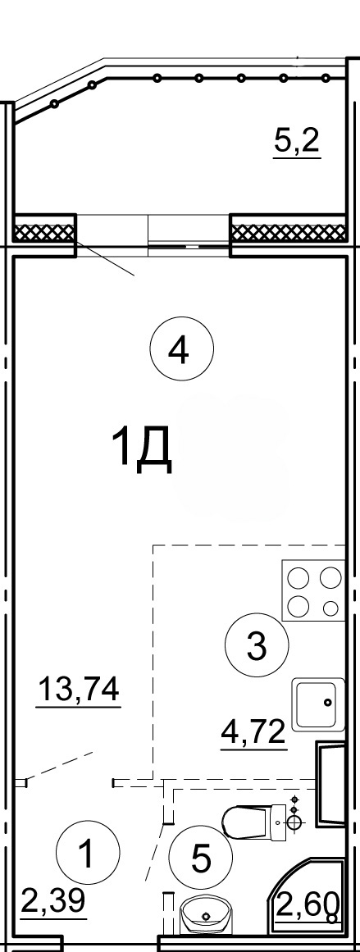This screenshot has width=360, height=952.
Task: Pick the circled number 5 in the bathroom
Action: tap(200, 858)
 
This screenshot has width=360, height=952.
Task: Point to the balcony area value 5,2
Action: tap(297, 142)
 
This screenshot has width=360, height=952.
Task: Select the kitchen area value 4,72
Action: tap(253, 733)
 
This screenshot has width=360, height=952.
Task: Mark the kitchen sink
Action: tap(318, 704)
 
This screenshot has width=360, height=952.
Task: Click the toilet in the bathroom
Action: tap(256, 821)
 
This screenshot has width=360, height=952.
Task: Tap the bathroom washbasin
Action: tap(207, 913)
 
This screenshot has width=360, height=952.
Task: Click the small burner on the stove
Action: tap(330, 607)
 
